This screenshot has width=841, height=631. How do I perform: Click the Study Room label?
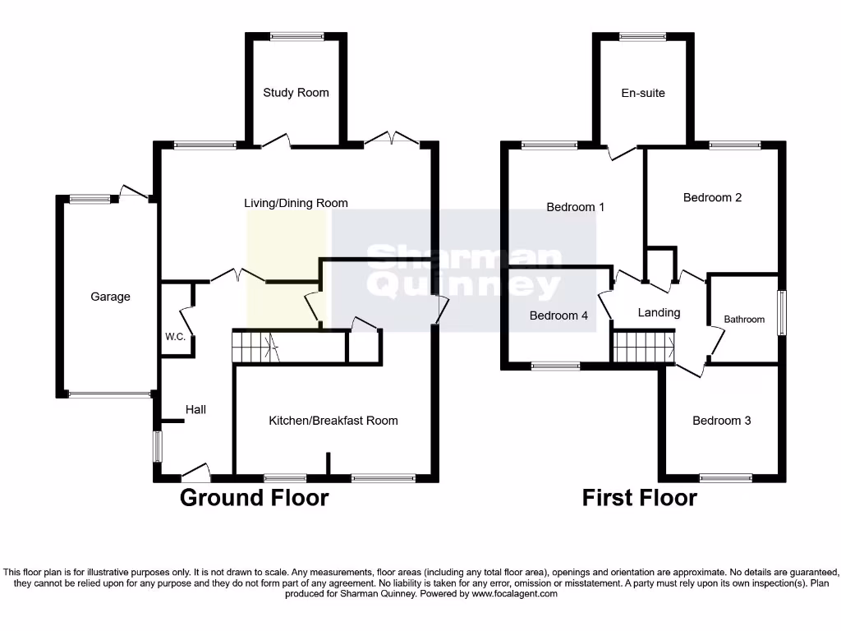[x=296, y=93]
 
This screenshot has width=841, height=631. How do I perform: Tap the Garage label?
[x=110, y=297]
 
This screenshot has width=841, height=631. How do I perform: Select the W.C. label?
[x=175, y=337]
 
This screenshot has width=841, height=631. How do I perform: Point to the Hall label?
[x=195, y=409]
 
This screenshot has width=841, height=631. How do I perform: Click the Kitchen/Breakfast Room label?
[x=333, y=421]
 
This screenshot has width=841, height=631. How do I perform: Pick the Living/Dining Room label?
[x=296, y=203]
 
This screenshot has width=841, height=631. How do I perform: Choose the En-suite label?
[x=643, y=93]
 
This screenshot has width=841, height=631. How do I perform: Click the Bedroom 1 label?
[x=576, y=207]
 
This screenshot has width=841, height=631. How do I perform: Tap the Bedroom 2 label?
[x=712, y=197]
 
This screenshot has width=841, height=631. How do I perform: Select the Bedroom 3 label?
[x=721, y=421]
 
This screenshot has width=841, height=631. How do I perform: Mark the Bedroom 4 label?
[x=558, y=315]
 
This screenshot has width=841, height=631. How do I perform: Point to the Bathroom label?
[x=744, y=320]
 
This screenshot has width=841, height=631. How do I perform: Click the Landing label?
[x=659, y=312]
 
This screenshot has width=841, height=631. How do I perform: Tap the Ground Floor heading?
[x=254, y=498]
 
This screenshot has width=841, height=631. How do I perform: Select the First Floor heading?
[x=639, y=498]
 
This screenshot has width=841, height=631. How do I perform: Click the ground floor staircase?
[x=256, y=347]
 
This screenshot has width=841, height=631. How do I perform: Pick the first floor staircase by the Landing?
[x=643, y=347]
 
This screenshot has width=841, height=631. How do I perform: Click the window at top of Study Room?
[x=296, y=35]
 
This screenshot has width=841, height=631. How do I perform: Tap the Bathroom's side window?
[x=782, y=312]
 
